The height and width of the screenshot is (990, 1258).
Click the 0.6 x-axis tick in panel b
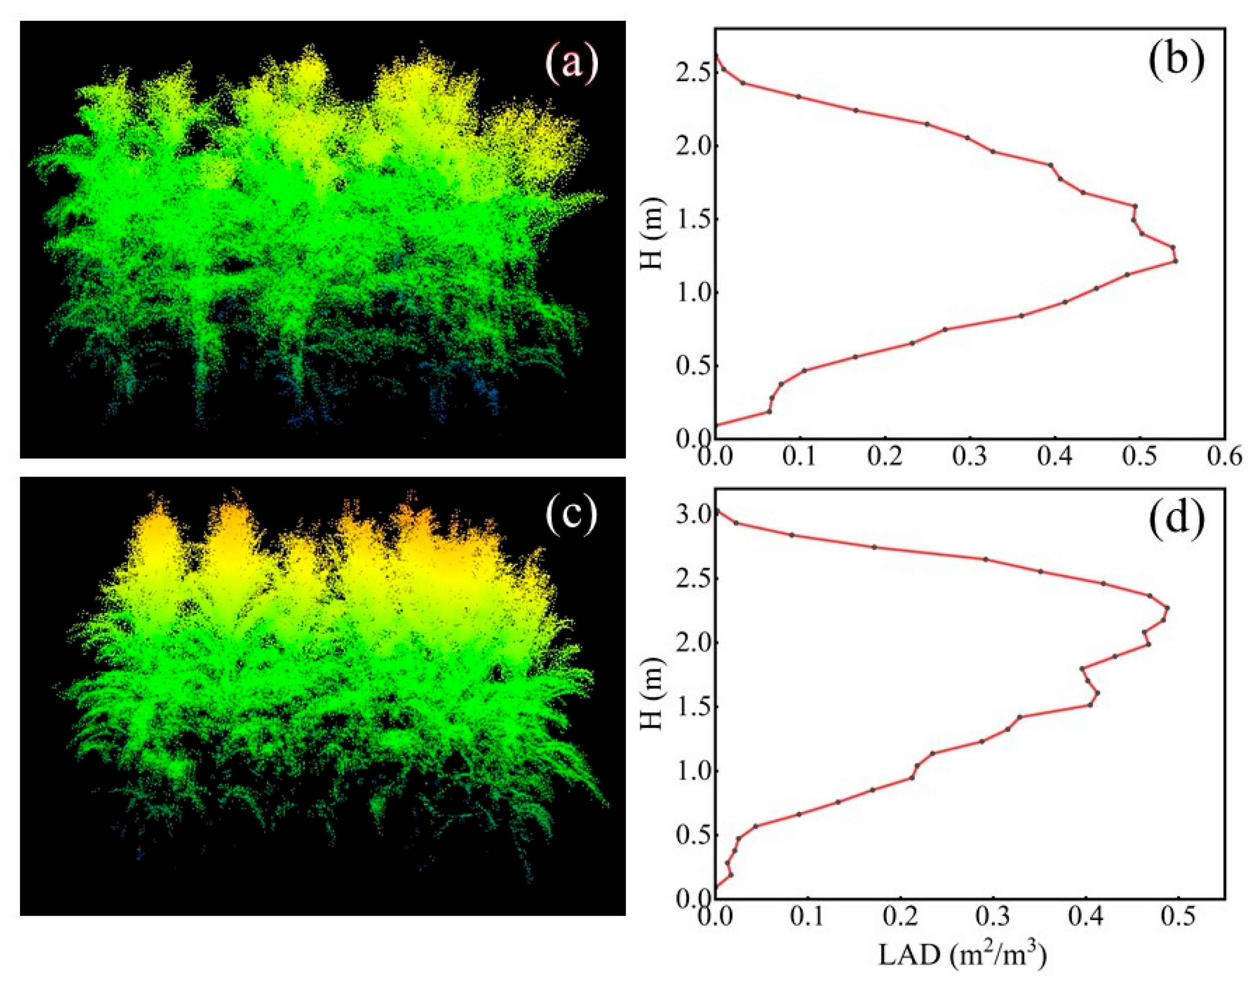click(x=1224, y=457)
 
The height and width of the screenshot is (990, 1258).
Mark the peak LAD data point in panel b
click(x=1175, y=261)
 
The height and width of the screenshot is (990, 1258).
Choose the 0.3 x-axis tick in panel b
click(x=970, y=457)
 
